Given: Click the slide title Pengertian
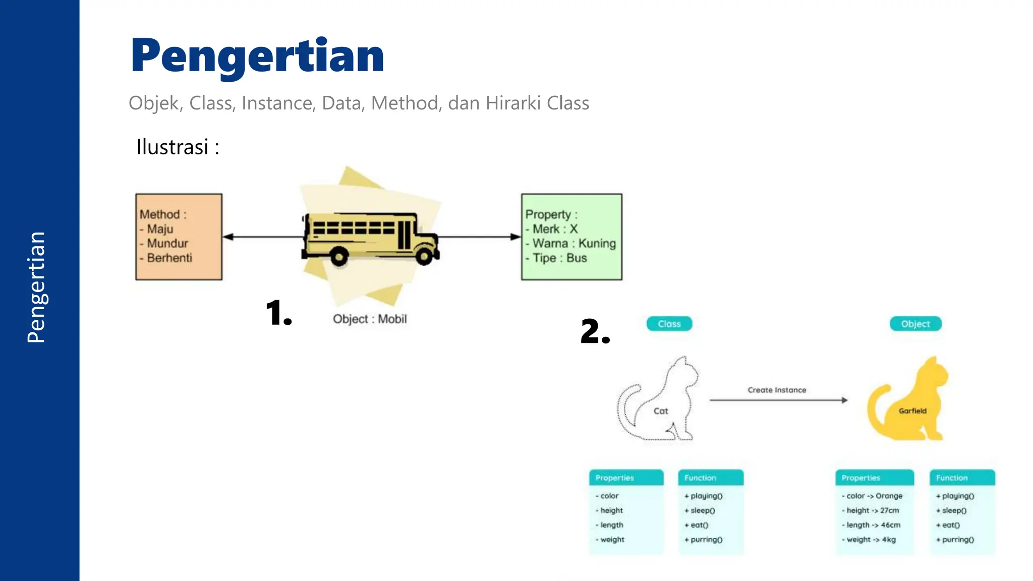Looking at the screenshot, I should tap(257, 56).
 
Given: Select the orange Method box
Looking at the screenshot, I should tap(179, 237).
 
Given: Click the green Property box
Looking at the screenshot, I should tap(571, 237).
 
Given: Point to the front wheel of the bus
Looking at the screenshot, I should tap(424, 256).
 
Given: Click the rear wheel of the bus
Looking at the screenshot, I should tap(339, 257).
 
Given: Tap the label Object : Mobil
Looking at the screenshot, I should tap(370, 319).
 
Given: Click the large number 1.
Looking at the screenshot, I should tap(278, 313).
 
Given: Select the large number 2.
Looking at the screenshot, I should tap(595, 331).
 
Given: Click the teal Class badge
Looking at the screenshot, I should tap(669, 324).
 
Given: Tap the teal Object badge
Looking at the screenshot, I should tap(915, 324).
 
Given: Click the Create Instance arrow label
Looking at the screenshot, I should tap(777, 390).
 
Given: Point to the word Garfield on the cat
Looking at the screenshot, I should tap(912, 411).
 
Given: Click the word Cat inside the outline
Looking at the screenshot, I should tap(660, 411).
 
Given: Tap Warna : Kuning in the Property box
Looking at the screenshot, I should tap(574, 243).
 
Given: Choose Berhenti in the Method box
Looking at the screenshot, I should tap(169, 258).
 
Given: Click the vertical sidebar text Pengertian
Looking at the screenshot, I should tap(36, 287).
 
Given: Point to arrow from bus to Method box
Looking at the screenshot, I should tap(262, 237).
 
